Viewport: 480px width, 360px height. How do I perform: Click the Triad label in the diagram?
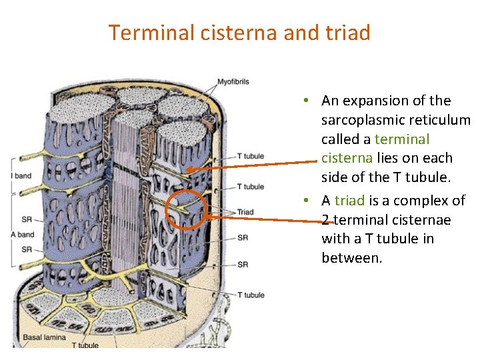point(245,212)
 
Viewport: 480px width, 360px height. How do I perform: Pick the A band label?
point(23,235)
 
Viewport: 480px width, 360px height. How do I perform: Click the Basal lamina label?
point(45,337)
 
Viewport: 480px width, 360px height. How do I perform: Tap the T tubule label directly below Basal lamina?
point(85,345)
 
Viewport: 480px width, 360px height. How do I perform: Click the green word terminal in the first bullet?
point(402,139)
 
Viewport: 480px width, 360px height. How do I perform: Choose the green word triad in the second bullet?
point(350,201)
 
